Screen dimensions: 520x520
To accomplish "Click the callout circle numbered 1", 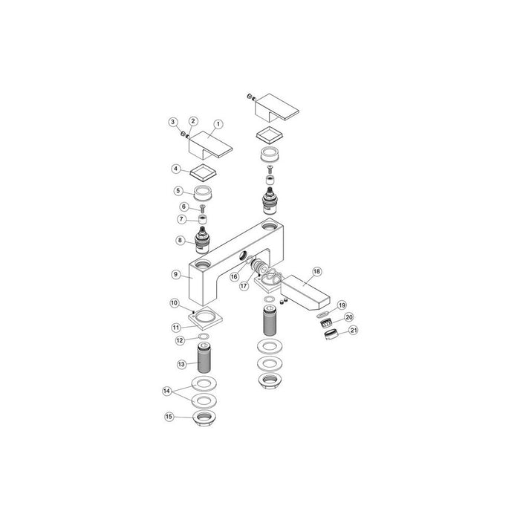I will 218,124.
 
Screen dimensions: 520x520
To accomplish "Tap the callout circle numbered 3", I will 172,121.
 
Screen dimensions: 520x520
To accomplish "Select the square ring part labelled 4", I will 201,173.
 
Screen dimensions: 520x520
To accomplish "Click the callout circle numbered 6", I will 183,207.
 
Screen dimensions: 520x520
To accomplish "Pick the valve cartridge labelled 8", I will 202,240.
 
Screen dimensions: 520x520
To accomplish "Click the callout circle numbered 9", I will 176,274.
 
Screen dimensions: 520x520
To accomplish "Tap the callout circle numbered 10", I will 174,303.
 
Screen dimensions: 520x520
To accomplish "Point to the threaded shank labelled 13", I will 202,360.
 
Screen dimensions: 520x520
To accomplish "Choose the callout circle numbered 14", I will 167,390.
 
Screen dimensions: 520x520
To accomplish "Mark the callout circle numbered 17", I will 244,286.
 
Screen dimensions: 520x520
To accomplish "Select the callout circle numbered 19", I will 342,305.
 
